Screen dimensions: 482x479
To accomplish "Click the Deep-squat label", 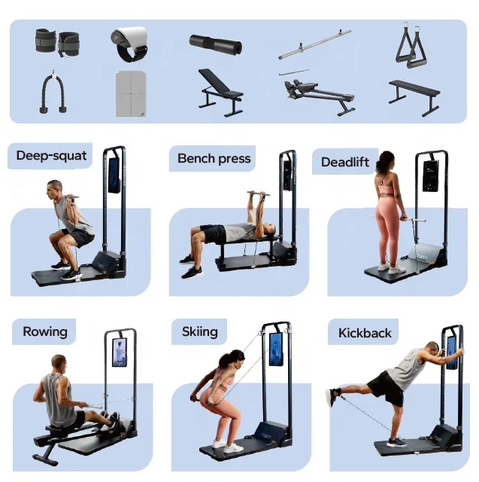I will click(51, 157).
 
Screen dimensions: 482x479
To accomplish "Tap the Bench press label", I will click(214, 158).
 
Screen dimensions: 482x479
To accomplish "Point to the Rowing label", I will click(45, 331).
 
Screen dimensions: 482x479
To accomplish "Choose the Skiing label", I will click(200, 331).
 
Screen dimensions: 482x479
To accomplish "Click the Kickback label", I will click(364, 333).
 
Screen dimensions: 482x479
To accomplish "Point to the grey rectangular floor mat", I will click(132, 93).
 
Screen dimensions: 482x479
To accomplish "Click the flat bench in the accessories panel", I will click(414, 93).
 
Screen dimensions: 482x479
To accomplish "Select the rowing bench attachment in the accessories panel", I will click(317, 93).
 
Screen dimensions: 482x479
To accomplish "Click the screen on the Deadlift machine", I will click(430, 175).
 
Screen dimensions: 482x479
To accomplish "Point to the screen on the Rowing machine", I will click(120, 352).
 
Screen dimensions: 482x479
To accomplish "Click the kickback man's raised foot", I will click(330, 397).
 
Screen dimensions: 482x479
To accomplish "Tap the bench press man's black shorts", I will click(214, 234).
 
